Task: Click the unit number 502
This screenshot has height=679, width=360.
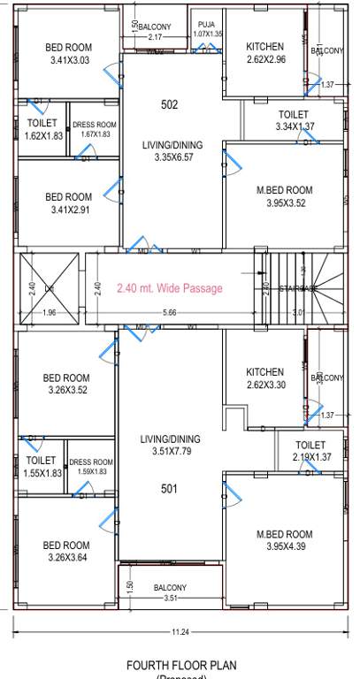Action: tap(170, 104)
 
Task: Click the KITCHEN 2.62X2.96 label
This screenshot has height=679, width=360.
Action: tap(265, 53)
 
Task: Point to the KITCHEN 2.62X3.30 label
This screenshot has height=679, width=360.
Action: tap(265, 378)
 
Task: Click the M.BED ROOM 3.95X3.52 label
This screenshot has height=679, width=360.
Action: tap(284, 196)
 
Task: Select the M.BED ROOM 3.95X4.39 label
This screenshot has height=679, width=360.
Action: tap(284, 540)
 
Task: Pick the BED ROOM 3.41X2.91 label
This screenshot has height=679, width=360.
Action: tap(68, 203)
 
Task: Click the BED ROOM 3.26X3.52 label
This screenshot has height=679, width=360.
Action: tap(66, 385)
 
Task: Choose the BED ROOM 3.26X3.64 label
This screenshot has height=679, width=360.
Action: tap(66, 551)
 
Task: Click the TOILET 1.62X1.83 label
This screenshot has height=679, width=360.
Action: tap(42, 129)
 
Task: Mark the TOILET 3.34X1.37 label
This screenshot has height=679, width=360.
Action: tap(294, 121)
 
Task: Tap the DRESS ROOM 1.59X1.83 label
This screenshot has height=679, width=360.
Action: tap(91, 467)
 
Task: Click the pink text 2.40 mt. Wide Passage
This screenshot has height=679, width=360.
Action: tap(170, 288)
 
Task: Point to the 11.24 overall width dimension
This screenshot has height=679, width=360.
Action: tap(180, 632)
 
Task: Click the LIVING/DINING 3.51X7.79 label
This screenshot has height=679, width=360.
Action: tap(170, 445)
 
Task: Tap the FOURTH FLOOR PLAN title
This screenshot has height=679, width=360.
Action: tap(181, 665)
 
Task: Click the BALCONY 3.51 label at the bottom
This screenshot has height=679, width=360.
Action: tap(170, 593)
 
